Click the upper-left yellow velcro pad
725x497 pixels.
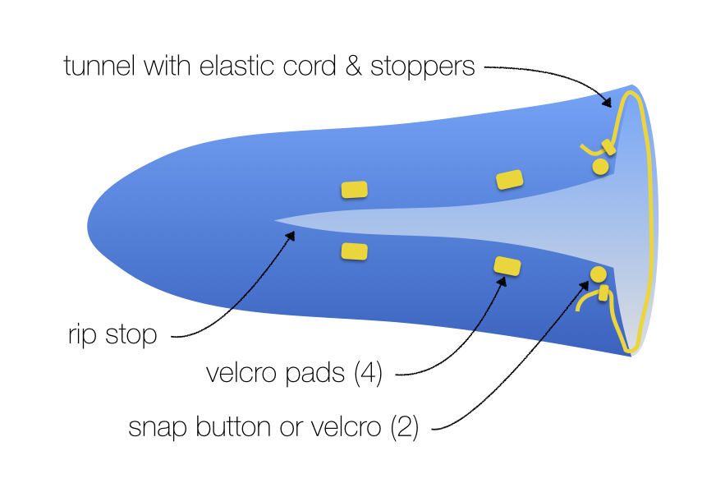(354, 190)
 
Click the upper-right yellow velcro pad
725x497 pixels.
(510, 180)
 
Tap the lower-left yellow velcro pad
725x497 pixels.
(354, 251)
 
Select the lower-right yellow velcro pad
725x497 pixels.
(507, 266)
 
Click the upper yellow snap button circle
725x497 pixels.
(600, 167)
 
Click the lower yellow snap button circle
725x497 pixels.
(598, 274)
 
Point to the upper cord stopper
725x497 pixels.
(608, 147)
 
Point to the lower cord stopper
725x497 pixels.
(603, 292)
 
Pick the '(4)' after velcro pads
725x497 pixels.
(369, 374)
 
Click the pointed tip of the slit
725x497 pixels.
(276, 220)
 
